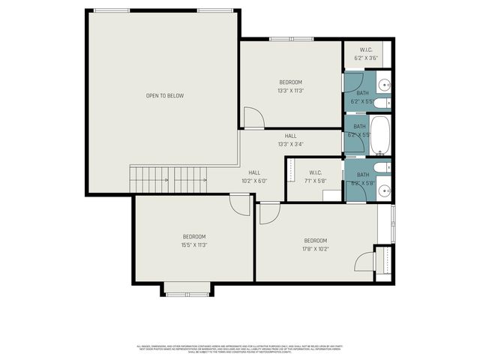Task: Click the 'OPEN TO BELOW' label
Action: [164, 96]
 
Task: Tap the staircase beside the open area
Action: [169, 178]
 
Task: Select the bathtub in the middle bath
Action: [380, 134]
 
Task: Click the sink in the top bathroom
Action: [383, 84]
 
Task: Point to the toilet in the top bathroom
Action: [380, 102]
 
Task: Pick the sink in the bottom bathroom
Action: [383, 190]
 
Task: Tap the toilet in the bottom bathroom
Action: [380, 168]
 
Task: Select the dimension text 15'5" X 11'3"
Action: [193, 244]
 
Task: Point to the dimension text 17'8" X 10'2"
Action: [316, 250]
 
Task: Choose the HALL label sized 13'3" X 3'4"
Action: [290, 140]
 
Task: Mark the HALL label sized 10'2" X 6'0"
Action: [254, 177]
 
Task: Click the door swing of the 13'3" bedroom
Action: [253, 118]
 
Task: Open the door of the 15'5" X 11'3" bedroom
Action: [240, 205]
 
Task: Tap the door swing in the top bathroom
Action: [355, 82]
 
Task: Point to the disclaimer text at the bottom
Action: [239, 349]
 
